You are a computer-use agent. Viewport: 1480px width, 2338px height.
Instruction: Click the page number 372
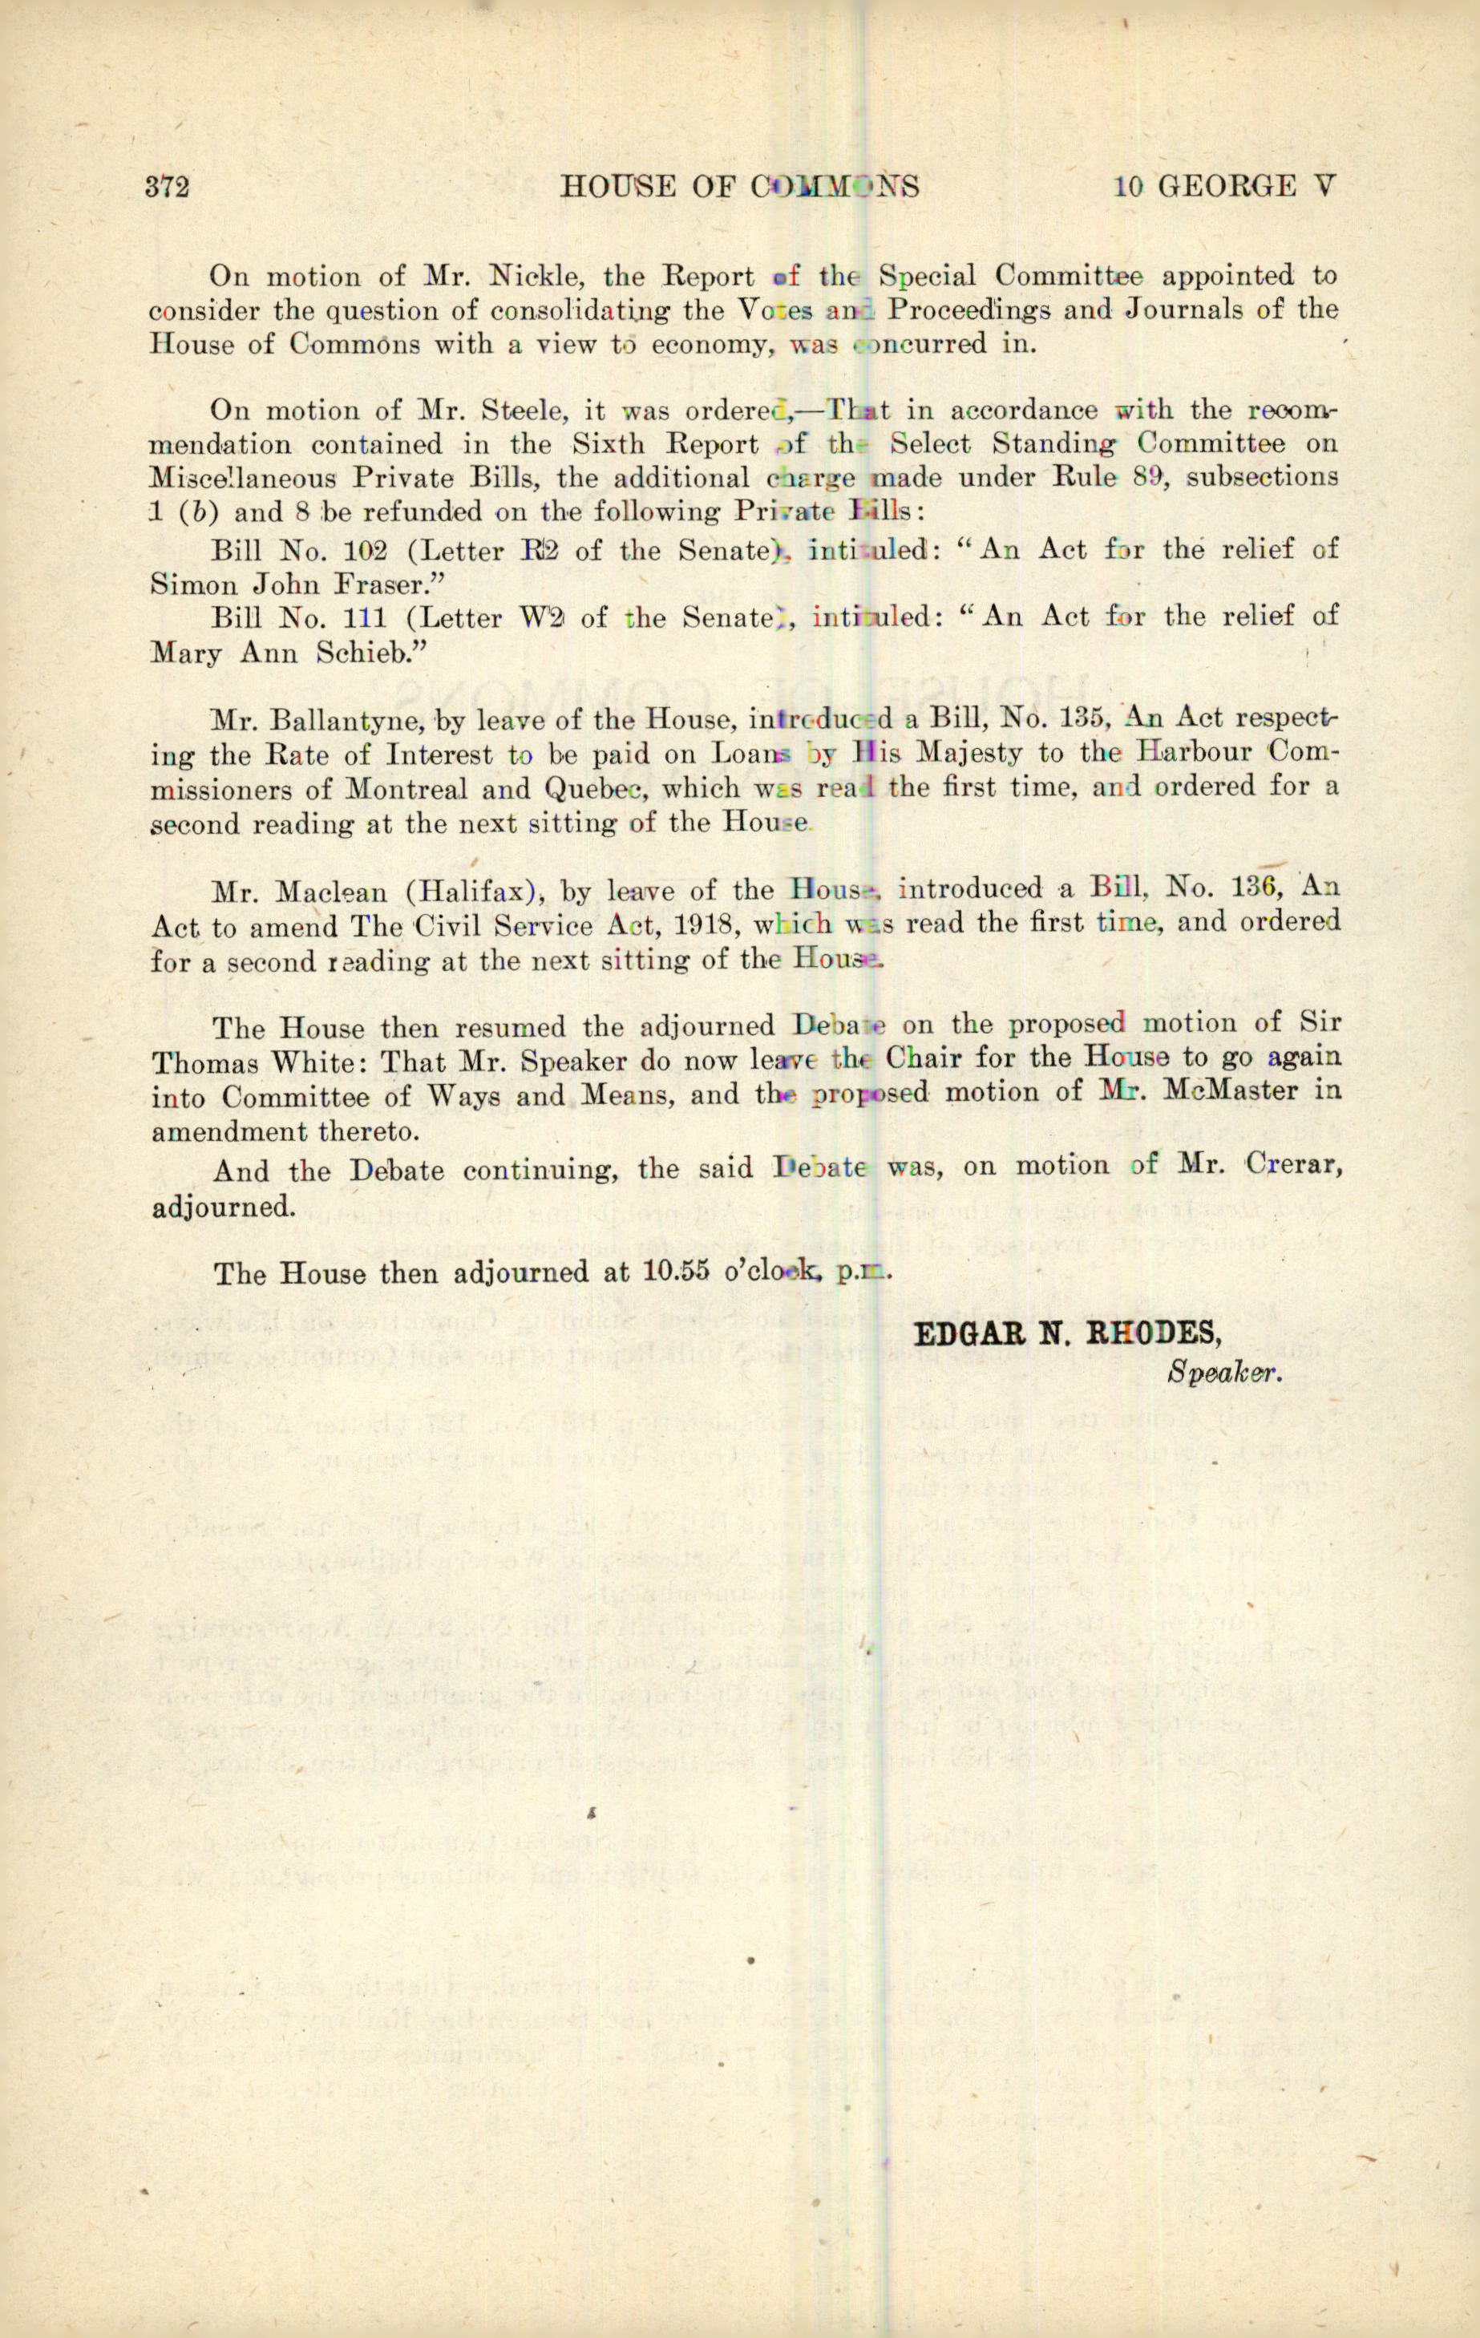(167, 187)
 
